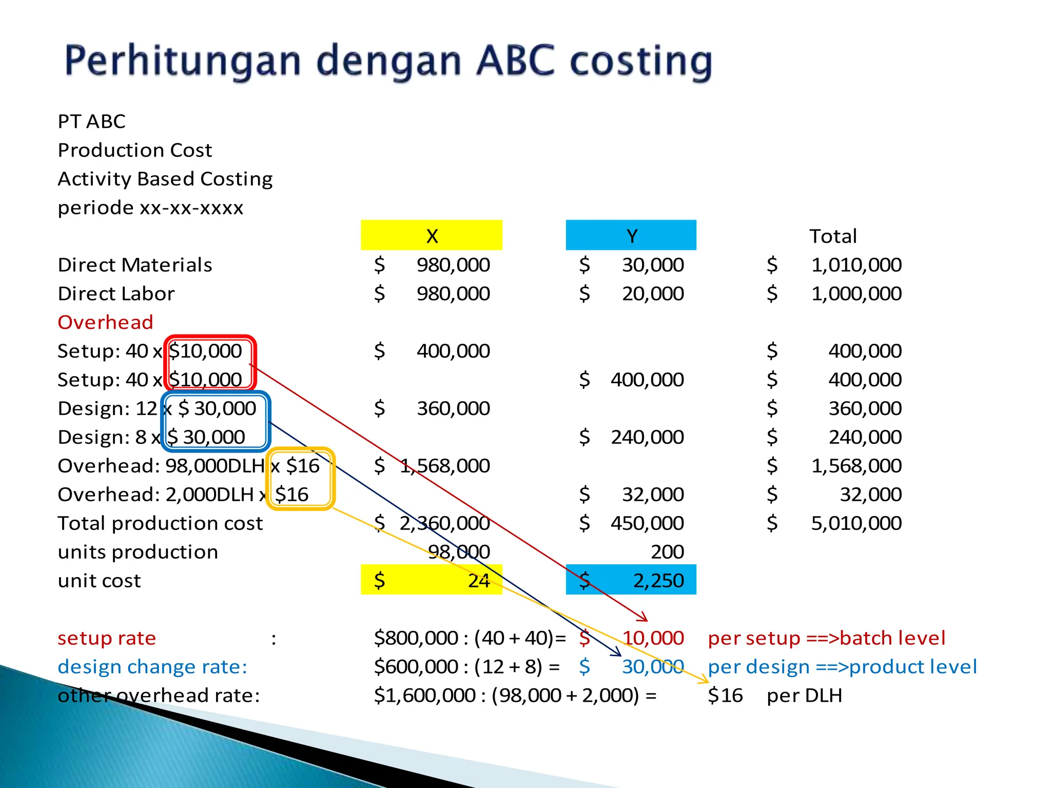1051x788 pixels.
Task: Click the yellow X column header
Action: (432, 235)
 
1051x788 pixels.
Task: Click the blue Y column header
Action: (631, 235)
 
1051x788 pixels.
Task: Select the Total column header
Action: (833, 236)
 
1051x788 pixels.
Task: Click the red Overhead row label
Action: (105, 322)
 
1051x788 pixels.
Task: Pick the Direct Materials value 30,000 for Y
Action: (653, 265)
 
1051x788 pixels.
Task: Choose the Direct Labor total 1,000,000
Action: (856, 293)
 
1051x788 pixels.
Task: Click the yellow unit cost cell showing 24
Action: (432, 580)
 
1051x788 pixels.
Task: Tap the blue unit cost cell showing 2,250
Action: (631, 580)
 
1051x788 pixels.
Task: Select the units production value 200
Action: (667, 551)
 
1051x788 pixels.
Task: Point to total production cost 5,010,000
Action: (856, 523)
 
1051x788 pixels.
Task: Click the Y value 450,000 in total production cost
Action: (647, 523)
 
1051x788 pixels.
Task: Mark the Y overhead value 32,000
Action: (653, 495)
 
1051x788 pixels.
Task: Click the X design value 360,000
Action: (453, 408)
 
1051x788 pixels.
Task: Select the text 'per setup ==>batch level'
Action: (826, 638)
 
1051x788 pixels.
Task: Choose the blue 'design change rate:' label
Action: (152, 667)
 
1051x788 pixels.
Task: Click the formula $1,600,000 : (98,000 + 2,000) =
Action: (515, 696)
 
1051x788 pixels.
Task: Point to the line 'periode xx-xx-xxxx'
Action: (150, 208)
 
